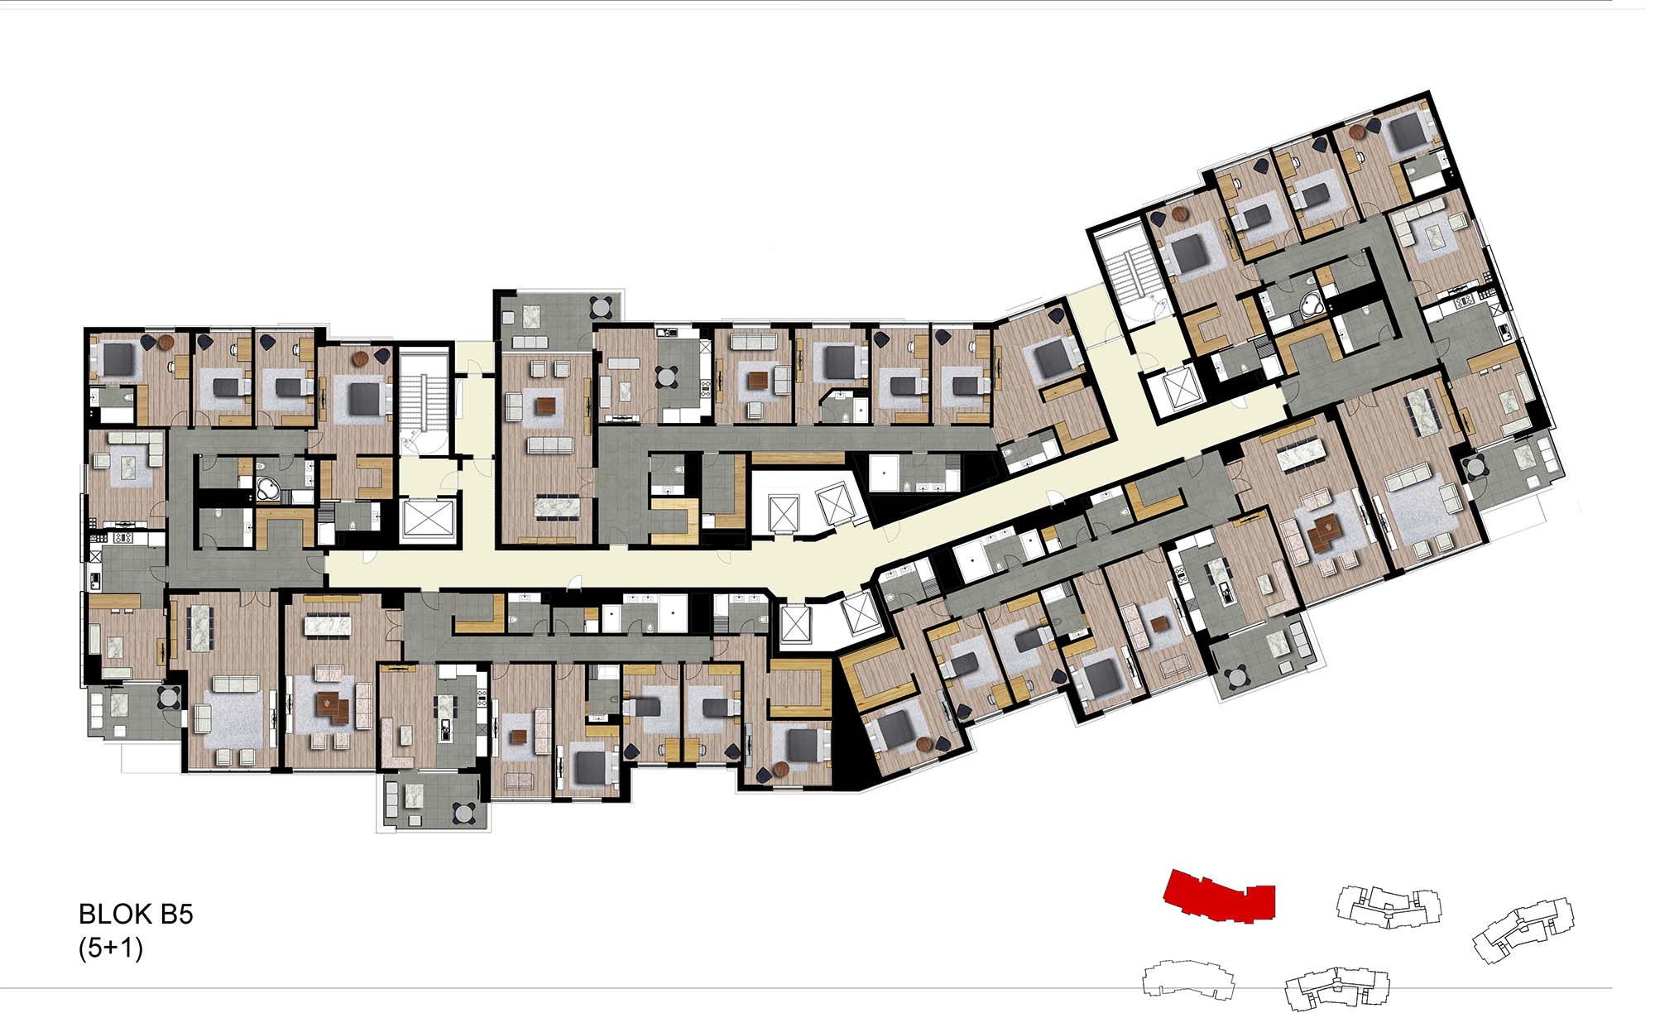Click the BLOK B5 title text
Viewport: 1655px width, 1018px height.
136,915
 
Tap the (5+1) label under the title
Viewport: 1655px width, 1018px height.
111,948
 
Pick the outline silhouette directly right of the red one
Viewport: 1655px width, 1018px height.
1389,906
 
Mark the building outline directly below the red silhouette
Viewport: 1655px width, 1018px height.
1189,980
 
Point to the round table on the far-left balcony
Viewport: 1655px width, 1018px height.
168,698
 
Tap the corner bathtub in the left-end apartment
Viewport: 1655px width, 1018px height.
268,487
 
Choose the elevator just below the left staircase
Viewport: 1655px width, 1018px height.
428,520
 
